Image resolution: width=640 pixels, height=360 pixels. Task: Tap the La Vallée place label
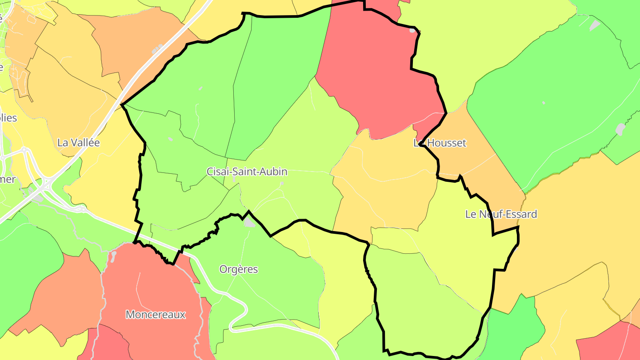79,143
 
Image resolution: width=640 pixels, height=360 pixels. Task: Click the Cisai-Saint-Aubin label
247,172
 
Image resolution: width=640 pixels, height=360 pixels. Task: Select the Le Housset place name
440,143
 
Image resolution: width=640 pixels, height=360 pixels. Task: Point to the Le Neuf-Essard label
501,214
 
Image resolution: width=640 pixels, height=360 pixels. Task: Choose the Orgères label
239,269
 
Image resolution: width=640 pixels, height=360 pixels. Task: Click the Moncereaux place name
155,315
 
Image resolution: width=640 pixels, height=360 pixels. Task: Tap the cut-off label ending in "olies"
8,118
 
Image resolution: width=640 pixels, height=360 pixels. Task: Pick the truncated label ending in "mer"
8,180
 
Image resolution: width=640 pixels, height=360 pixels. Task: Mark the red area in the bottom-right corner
609,342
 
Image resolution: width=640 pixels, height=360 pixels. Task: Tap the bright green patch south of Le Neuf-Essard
516,329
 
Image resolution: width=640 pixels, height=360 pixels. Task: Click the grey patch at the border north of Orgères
249,222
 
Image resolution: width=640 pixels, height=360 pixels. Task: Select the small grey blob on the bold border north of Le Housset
413,30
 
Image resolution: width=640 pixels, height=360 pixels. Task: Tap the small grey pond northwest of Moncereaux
114,255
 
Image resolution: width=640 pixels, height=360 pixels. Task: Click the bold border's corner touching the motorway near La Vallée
122,104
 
